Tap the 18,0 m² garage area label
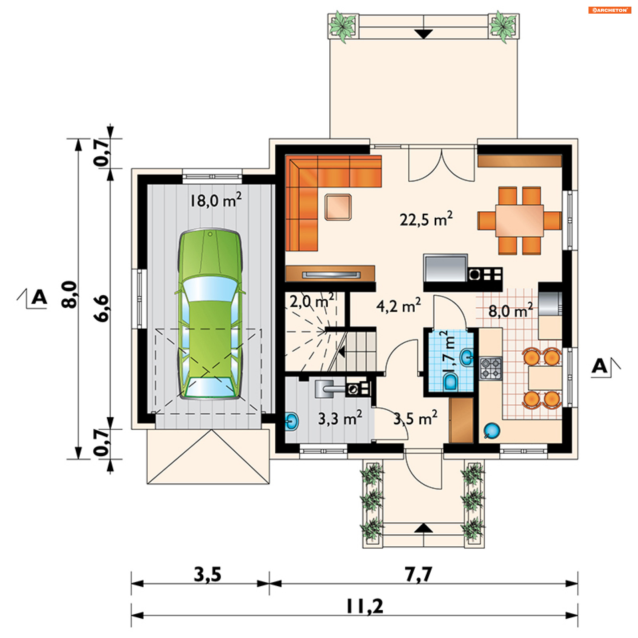(x=216, y=200)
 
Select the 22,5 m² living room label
(x=426, y=219)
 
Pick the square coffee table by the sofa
(x=338, y=207)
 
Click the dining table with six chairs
(x=519, y=221)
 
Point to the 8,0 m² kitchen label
(x=511, y=310)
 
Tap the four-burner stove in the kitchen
(x=490, y=369)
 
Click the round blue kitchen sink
(x=492, y=431)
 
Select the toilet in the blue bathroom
(x=451, y=382)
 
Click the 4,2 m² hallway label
(x=398, y=305)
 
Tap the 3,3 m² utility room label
(x=340, y=418)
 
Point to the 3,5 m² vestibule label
(x=415, y=418)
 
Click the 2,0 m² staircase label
(x=312, y=301)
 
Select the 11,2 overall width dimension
(x=365, y=606)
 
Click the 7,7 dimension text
(x=419, y=574)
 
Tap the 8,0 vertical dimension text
(x=69, y=295)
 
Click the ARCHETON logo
(x=610, y=10)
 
